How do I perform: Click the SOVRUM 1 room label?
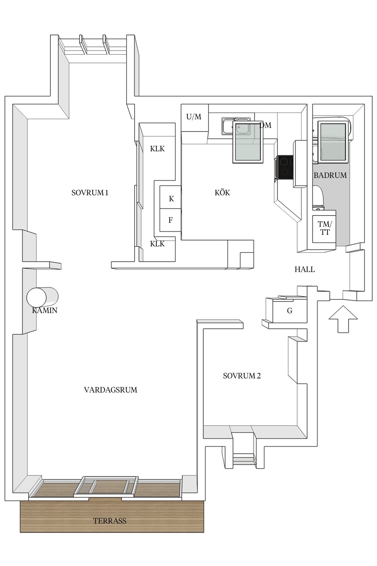coord(90,193)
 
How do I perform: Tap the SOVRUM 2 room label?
coord(242,376)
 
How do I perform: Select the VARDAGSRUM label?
coord(111,389)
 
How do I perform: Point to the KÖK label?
coord(222,192)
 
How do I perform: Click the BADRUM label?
coord(330,175)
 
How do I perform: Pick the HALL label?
coord(305,269)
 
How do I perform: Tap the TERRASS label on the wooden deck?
coord(110,521)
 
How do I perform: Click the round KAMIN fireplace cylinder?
coord(42,297)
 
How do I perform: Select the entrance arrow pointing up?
coord(343,319)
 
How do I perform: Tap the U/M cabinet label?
coord(194,116)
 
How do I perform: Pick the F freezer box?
coord(170,220)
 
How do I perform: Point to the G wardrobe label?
coord(290,311)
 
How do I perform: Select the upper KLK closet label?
coord(157,149)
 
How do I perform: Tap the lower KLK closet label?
coord(157,244)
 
